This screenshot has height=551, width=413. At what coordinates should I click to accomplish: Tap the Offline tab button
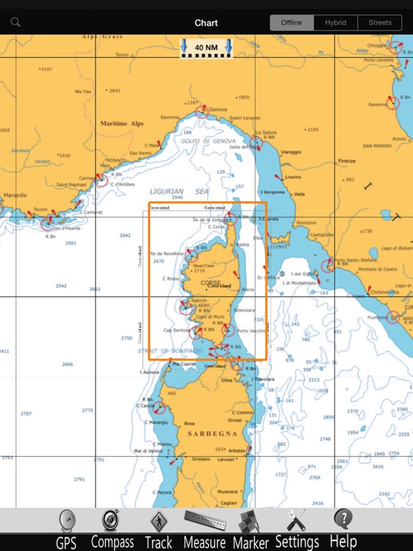[292, 23]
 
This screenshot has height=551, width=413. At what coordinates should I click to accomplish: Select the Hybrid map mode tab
[336, 23]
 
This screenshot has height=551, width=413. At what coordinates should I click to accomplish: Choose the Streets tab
[380, 23]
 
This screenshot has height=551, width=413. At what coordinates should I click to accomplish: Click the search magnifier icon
[15, 23]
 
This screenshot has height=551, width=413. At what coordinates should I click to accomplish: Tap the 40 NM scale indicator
[206, 48]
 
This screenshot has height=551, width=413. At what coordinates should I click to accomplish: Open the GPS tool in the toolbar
[66, 529]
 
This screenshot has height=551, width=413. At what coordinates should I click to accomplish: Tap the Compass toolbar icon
[112, 529]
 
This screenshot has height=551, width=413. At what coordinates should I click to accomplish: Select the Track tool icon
[158, 529]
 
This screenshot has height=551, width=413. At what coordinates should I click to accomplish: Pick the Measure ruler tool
[204, 529]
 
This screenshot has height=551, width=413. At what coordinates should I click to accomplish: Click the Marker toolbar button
[251, 529]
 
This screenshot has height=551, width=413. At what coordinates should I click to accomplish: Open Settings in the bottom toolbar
[297, 529]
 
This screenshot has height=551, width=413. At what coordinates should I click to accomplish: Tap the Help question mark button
[343, 529]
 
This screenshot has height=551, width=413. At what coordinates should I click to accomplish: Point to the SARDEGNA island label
[209, 434]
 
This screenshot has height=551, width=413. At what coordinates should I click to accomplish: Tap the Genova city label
[218, 109]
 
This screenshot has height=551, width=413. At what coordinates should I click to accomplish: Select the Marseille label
[14, 195]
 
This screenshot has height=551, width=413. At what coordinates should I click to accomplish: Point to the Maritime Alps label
[121, 123]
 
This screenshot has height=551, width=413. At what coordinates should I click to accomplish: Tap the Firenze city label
[346, 161]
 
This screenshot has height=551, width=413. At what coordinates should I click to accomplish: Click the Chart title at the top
[206, 23]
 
